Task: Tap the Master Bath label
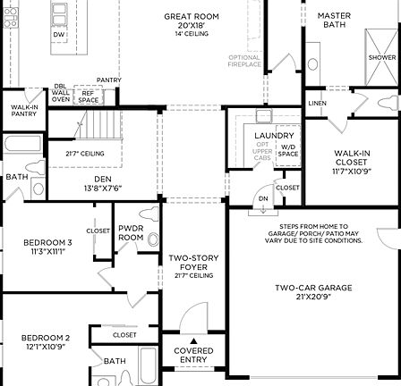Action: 334,20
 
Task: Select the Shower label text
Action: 382,57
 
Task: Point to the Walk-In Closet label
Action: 351,162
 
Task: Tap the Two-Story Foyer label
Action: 193,263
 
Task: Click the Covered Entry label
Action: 193,355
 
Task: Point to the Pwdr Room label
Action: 131,232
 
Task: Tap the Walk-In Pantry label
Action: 24,110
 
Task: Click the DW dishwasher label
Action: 59,35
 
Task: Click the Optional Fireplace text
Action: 244,61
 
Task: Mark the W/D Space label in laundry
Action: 288,150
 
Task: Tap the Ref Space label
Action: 88,96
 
